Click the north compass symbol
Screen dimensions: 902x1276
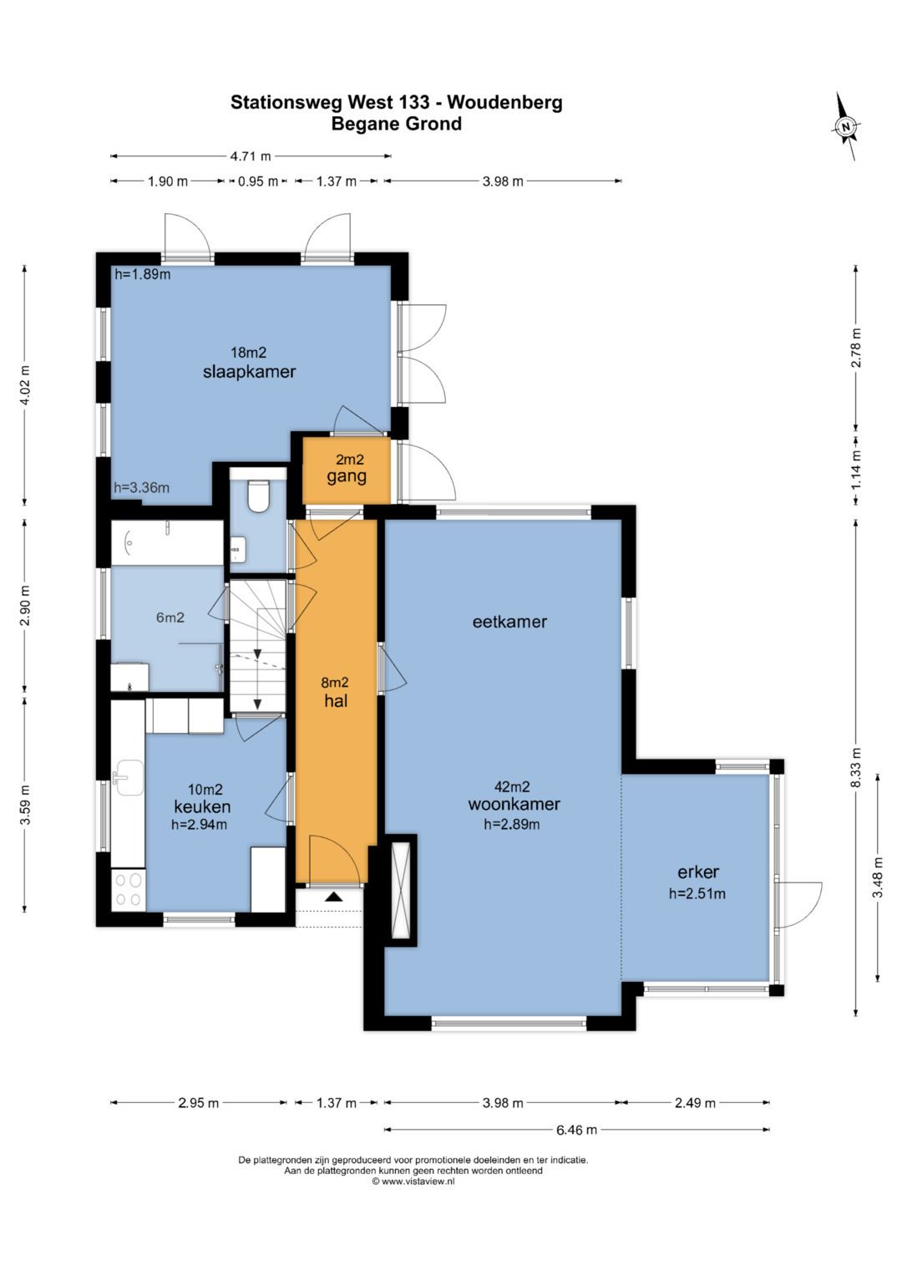[846, 126]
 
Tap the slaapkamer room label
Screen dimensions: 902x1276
[250, 372]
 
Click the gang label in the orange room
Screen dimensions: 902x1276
[347, 477]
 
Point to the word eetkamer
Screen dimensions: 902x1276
[509, 622]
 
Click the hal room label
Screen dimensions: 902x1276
[336, 700]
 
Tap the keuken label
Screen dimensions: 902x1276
[202, 806]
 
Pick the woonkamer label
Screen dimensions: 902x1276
[514, 804]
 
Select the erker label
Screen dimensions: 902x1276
[698, 872]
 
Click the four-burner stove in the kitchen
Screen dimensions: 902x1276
[128, 890]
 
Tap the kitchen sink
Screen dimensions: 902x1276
[129, 778]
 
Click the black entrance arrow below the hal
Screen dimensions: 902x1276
[334, 897]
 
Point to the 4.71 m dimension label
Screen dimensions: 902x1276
[251, 156]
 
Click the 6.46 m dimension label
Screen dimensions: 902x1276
[576, 1130]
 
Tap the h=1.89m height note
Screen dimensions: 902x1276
[142, 275]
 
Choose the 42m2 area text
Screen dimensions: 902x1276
[512, 786]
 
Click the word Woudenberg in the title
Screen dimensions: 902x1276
[504, 103]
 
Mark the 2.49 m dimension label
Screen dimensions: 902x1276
[695, 1103]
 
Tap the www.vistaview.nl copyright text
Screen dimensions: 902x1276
[413, 1182]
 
